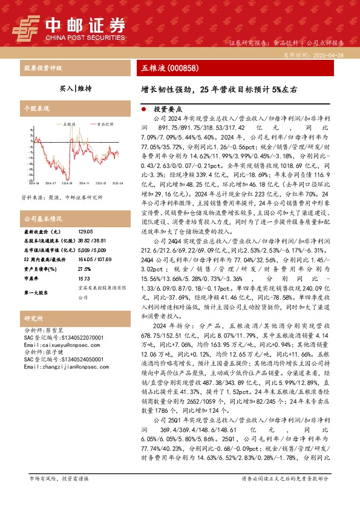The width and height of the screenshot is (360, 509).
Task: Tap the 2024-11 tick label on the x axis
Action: pyautogui.click(x=83, y=181)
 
